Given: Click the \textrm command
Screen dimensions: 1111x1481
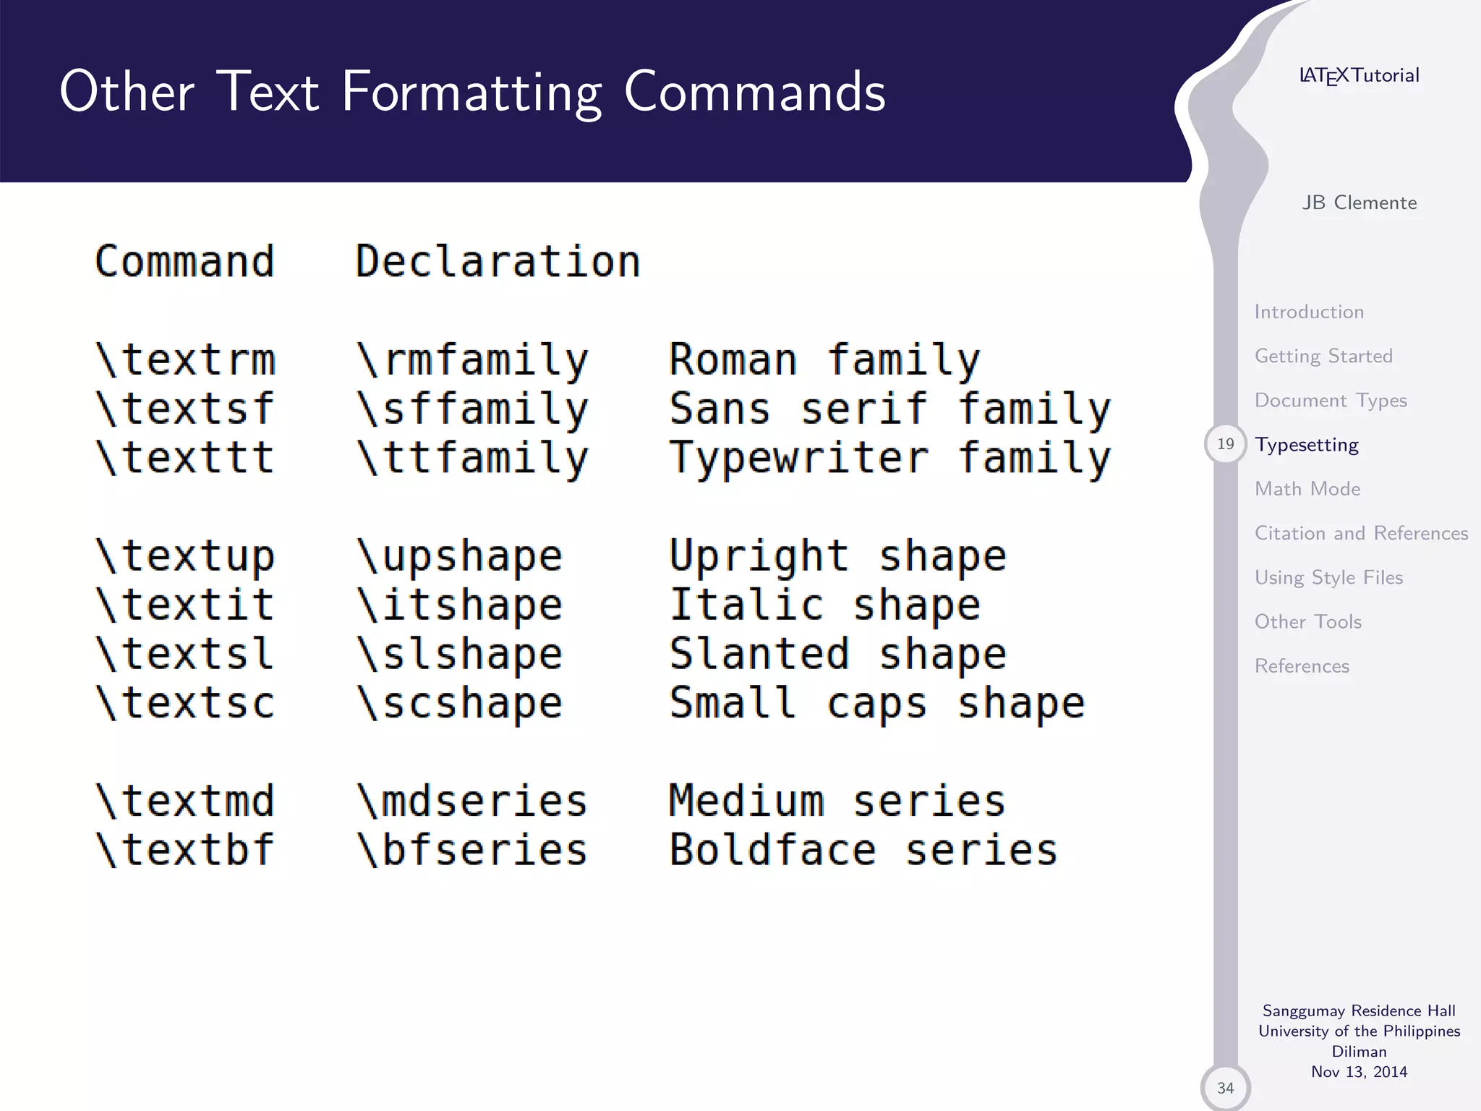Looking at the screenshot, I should click(185, 359).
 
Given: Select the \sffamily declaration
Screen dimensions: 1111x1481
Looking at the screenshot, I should click(472, 409).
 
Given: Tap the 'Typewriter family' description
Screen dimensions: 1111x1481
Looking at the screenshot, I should click(889, 458).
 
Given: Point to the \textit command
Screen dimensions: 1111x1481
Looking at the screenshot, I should click(185, 605).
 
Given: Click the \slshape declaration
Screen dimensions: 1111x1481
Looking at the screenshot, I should click(460, 654).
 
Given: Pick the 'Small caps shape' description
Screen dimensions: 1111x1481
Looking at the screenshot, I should click(876, 703).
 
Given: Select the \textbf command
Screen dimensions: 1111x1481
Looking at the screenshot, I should click(185, 850).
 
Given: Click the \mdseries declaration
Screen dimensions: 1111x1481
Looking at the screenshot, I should click(472, 801).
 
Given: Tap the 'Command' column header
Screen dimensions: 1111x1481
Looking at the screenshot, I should click(185, 261).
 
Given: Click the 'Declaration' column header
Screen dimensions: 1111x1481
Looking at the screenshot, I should click(498, 261).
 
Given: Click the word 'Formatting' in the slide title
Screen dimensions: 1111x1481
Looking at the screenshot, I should click(471, 93).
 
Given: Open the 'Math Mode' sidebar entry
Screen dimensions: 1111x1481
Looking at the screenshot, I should click(1307, 489).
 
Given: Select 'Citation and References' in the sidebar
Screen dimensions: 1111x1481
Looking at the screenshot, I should click(1361, 533).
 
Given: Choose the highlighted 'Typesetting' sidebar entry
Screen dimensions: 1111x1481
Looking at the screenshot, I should click(1307, 445).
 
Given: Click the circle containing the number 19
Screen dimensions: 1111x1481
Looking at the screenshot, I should click(1225, 444).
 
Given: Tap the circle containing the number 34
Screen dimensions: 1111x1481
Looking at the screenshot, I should click(1225, 1088).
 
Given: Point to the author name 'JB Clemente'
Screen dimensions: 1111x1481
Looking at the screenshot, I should click(1360, 203).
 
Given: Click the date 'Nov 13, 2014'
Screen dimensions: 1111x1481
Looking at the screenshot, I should click(1360, 1072).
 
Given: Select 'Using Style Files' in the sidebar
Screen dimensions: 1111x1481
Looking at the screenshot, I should click(1328, 577).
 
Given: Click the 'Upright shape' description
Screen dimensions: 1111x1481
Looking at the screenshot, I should click(837, 555).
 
